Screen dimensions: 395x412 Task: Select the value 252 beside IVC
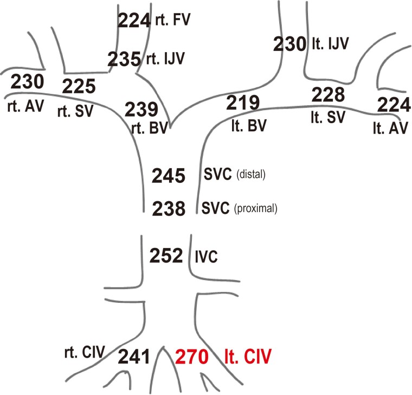pyautogui.click(x=169, y=256)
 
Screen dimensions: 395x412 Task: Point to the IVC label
pyautogui.click(x=205, y=256)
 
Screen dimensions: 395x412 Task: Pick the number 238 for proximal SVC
pyautogui.click(x=169, y=208)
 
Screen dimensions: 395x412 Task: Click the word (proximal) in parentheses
pyautogui.click(x=255, y=208)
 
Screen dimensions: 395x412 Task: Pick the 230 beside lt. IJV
pyautogui.click(x=289, y=43)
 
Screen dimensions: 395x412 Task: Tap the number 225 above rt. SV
pyautogui.click(x=79, y=86)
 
